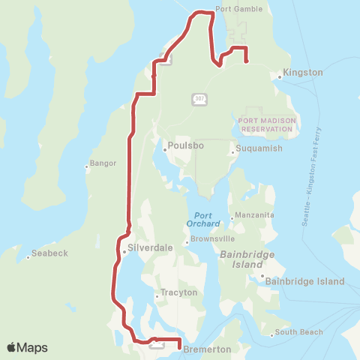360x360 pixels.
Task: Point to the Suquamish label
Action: [259, 148]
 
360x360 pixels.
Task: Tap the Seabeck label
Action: [51, 253]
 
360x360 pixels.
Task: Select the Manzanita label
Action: [255, 215]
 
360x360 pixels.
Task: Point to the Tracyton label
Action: [178, 292]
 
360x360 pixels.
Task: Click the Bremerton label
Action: [207, 349]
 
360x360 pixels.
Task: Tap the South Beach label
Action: [298, 332]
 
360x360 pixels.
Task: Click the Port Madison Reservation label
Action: [264, 124]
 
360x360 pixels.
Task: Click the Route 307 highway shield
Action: [198, 98]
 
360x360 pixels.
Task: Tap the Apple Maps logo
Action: [27, 347]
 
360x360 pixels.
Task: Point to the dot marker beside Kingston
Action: [279, 76]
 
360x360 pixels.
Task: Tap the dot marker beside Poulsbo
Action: [164, 148]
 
